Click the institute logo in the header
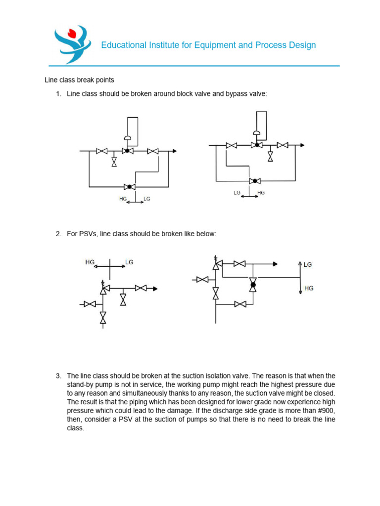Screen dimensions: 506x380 pos(72,45)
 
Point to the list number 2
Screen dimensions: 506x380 pos(58,234)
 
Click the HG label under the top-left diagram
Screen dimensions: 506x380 pos(123,199)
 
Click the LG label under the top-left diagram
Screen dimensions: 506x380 pos(146,199)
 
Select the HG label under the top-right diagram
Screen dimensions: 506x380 pos(261,192)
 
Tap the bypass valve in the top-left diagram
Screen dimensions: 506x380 pos(130,186)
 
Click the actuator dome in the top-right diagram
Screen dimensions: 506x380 pos(256,132)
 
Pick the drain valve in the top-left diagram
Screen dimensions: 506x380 pos(114,162)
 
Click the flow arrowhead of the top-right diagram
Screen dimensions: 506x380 pos(302,145)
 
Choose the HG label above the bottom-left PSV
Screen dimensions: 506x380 pos(90,262)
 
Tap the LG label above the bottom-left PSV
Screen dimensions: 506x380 pos(129,262)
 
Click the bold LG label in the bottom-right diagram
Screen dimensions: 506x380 pos(308,265)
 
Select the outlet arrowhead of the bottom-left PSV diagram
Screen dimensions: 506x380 pos(155,288)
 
